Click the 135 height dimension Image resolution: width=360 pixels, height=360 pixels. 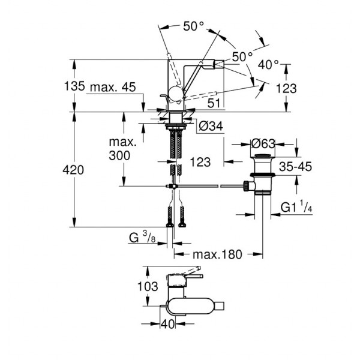[74, 86]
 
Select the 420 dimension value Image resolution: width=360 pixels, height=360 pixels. [73, 170]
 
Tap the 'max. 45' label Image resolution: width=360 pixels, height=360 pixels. [113, 87]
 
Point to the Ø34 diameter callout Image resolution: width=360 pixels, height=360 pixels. [211, 126]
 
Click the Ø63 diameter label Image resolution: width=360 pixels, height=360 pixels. [263, 144]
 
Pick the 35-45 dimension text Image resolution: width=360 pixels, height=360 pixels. [295, 166]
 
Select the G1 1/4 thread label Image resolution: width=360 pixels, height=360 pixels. [296, 208]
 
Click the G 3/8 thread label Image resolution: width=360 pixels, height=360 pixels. [142, 237]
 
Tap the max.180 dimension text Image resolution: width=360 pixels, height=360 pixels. [217, 254]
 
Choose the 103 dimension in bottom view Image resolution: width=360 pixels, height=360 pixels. [148, 286]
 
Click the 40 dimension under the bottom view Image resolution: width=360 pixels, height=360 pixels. [167, 324]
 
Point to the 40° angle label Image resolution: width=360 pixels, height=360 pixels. [268, 65]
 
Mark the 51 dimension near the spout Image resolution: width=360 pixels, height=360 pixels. [214, 103]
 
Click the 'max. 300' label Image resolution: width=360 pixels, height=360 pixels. [122, 149]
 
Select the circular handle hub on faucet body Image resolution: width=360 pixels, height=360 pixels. [176, 94]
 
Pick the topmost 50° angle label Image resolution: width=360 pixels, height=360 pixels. [194, 26]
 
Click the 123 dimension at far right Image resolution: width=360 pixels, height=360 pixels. [286, 88]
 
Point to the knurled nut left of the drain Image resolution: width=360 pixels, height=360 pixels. [246, 186]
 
